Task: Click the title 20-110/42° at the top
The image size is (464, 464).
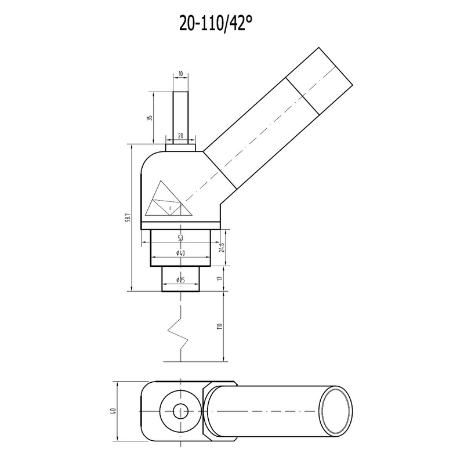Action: [216, 23]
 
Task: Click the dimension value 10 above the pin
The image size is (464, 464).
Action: [180, 74]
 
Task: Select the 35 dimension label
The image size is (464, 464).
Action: [150, 118]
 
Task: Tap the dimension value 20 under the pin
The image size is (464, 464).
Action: [180, 136]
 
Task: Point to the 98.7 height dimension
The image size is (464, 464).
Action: [128, 217]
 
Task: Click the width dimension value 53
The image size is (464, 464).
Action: [180, 238]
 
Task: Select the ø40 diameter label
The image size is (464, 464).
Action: [180, 253]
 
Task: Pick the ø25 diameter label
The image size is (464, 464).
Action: [180, 280]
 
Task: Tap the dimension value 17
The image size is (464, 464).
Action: [219, 279]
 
